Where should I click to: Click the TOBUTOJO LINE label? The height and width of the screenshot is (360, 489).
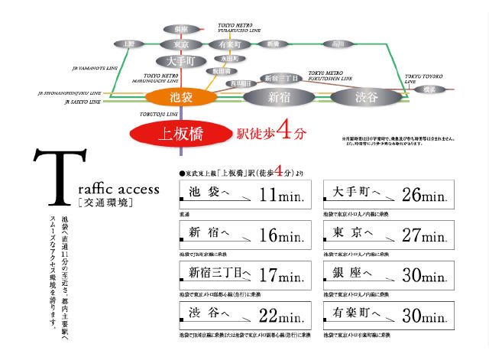158,113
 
